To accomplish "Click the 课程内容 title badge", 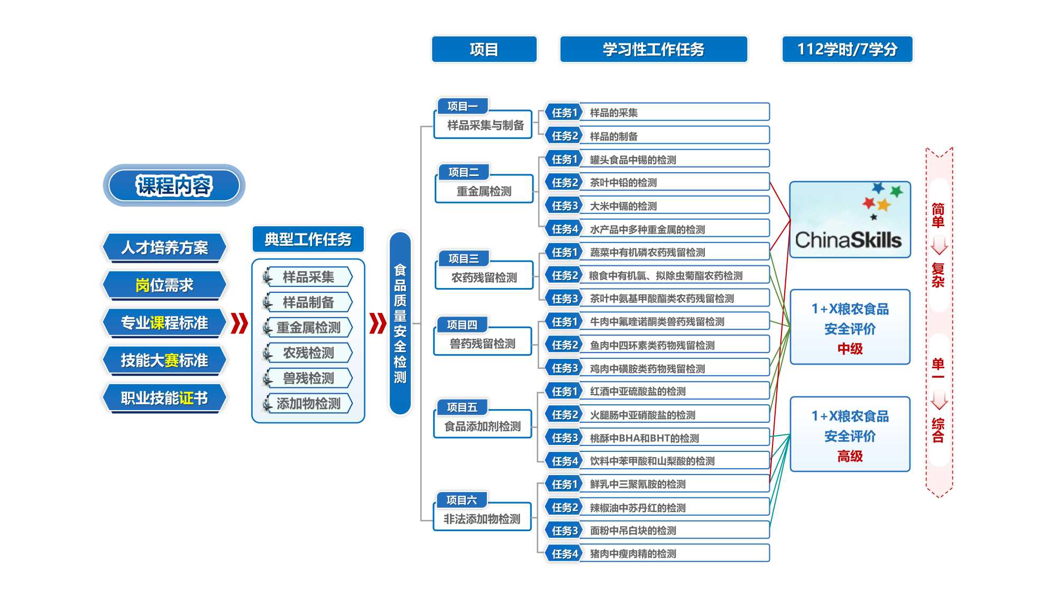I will (174, 185).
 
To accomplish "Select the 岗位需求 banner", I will (164, 285).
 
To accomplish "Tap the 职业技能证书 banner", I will (164, 398).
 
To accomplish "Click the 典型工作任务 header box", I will (308, 239).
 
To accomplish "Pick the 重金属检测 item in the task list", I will (308, 328).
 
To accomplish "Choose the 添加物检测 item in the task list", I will (308, 404).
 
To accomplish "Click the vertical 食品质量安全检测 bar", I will (400, 323).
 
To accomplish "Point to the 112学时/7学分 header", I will (847, 50).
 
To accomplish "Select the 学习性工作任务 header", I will (654, 50).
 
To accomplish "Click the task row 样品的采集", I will (657, 113).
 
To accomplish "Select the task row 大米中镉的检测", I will (657, 206).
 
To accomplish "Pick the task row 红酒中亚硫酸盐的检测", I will (657, 391).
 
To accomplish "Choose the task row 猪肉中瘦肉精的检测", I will (657, 553).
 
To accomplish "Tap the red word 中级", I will (850, 349).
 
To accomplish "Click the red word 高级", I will (850, 456).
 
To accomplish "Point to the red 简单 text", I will (938, 215).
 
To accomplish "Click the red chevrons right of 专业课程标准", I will (240, 323).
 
